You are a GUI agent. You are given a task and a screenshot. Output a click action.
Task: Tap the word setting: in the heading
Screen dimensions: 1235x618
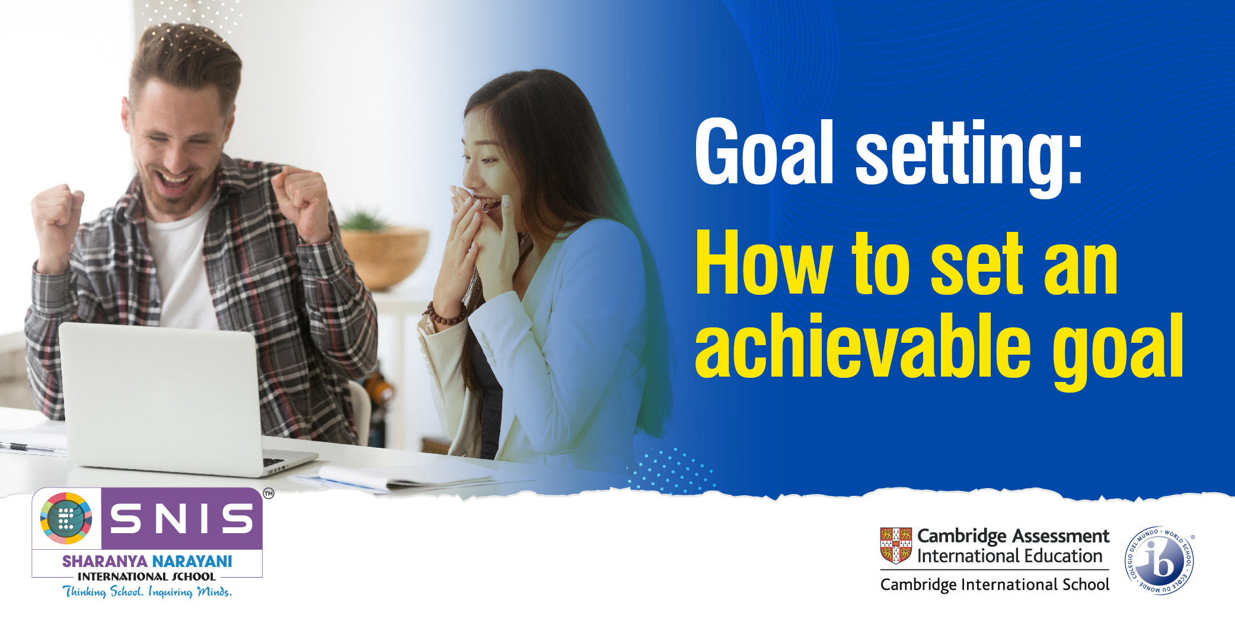pyautogui.click(x=969, y=157)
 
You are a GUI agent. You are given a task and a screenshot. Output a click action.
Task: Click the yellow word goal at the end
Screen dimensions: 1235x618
pyautogui.click(x=1118, y=352)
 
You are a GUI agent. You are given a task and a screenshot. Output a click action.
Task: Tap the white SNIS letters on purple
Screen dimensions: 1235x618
pyautogui.click(x=181, y=518)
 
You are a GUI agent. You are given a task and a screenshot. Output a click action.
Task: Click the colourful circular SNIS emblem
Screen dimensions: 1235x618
pyautogui.click(x=66, y=518)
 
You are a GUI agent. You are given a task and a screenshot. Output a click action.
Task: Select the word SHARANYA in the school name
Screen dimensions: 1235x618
pyautogui.click(x=106, y=561)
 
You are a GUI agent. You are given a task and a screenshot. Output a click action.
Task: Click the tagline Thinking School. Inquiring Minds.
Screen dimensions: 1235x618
pyautogui.click(x=147, y=591)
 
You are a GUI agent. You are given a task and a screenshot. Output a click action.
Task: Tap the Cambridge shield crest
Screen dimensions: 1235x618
pyautogui.click(x=896, y=545)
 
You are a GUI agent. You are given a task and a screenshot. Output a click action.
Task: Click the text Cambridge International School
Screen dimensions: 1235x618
pyautogui.click(x=994, y=585)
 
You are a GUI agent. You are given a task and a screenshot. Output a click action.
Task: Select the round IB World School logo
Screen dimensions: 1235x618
pyautogui.click(x=1159, y=560)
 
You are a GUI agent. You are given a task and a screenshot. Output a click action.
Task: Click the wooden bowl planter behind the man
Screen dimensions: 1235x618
pyautogui.click(x=384, y=258)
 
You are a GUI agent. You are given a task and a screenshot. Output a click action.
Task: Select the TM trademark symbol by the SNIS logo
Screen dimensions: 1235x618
pyautogui.click(x=269, y=493)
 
